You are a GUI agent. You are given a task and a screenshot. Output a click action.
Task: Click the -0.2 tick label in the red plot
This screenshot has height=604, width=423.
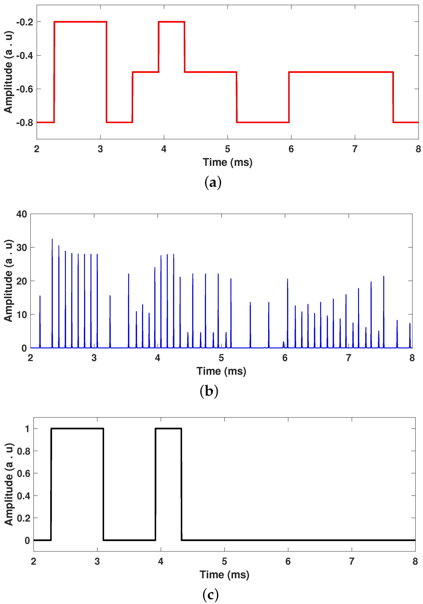(x=25, y=22)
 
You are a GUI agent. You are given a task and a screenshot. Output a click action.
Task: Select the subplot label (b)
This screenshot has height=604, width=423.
(x=209, y=391)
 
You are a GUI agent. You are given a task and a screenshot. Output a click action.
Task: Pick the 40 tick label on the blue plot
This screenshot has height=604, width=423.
(x=22, y=214)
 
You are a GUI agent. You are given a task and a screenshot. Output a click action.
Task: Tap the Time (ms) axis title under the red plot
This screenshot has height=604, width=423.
(x=227, y=162)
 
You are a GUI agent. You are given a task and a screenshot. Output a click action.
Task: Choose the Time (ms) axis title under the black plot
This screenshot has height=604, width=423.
(x=224, y=575)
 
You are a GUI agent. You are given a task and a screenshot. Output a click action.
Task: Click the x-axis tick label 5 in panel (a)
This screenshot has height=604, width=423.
(x=227, y=149)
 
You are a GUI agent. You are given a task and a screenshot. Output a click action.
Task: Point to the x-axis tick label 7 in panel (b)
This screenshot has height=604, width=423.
(x=348, y=358)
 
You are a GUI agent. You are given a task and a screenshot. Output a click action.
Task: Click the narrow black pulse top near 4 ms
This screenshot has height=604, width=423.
(x=168, y=429)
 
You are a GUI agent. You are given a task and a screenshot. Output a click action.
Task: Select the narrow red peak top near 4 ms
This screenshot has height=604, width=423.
(x=171, y=22)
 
